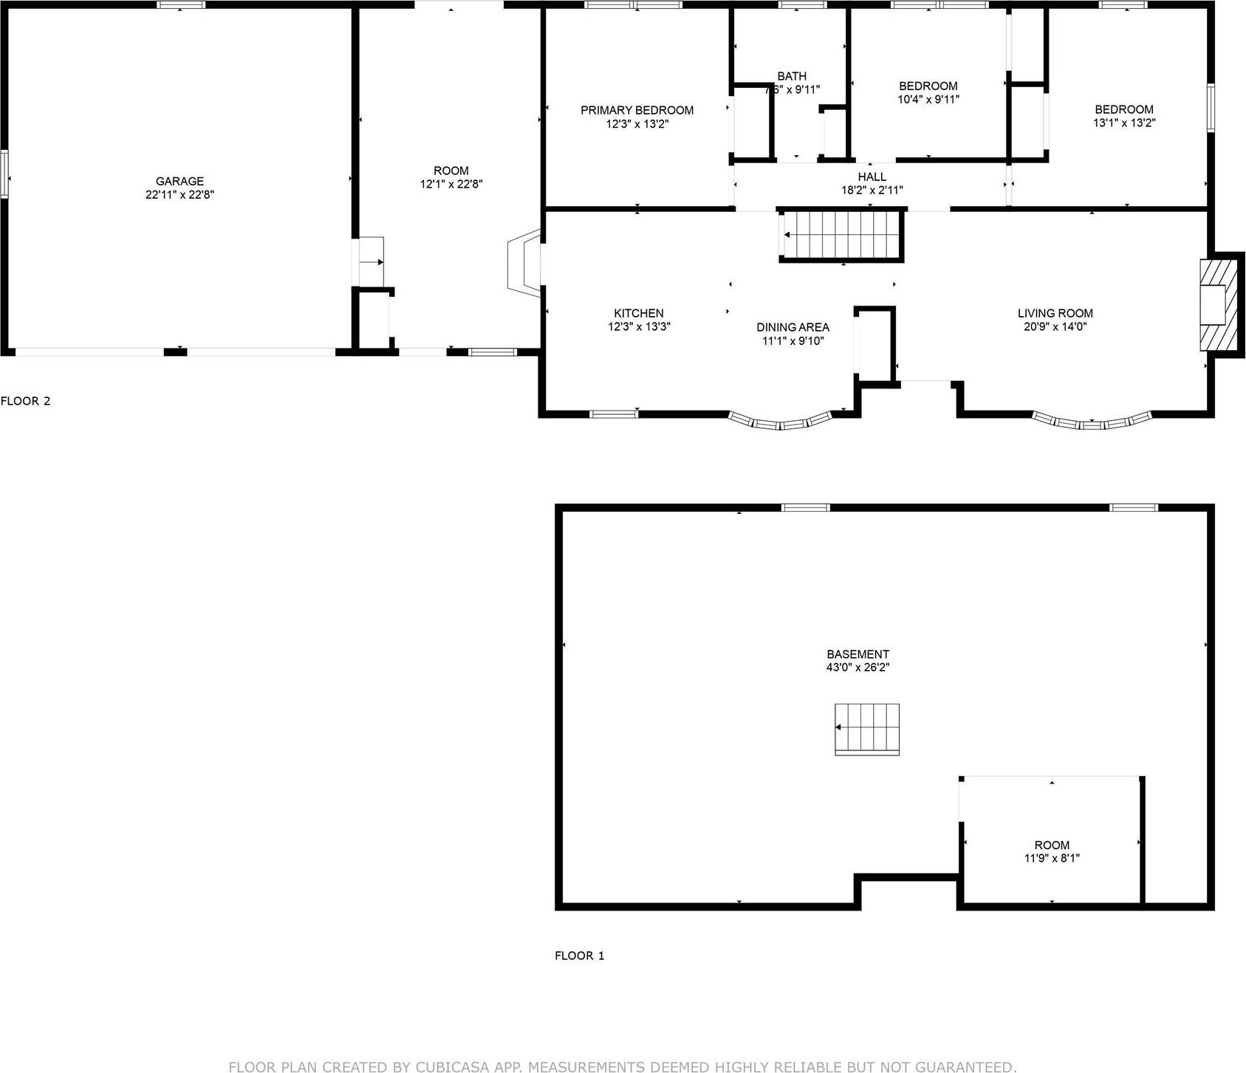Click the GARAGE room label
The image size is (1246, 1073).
[x=179, y=181]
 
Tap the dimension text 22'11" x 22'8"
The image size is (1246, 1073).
[x=179, y=195]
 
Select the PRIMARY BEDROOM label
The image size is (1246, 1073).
[x=637, y=110]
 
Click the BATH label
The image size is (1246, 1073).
[x=792, y=76]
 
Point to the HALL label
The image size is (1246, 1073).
[x=872, y=176]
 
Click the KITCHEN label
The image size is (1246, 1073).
[x=638, y=313]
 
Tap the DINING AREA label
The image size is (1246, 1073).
[x=793, y=327]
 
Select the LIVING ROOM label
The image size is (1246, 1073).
[x=1055, y=313]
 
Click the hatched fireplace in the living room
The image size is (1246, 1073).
[x=1218, y=303]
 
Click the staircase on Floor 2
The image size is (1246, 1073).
[x=842, y=235]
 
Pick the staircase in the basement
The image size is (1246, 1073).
[x=867, y=728]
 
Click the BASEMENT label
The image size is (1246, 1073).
[x=858, y=654]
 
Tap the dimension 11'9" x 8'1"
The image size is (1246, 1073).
[x=1052, y=858]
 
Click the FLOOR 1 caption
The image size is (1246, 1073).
[x=579, y=956]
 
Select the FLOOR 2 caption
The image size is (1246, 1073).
[x=26, y=401]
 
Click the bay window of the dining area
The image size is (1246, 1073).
[x=781, y=424]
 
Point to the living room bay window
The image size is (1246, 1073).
[x=1092, y=423]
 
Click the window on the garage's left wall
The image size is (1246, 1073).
[x=4, y=174]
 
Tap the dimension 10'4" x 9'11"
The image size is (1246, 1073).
[x=928, y=99]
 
